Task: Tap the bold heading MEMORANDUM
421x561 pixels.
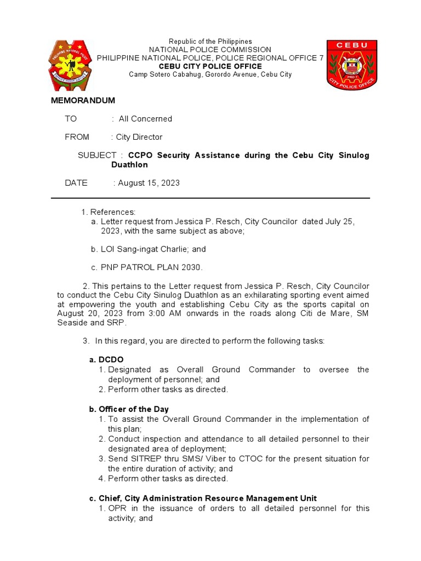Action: pyautogui.click(x=83, y=101)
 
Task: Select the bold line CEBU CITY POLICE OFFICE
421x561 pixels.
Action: pyautogui.click(x=210, y=66)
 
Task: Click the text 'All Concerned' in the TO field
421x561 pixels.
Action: pyautogui.click(x=145, y=119)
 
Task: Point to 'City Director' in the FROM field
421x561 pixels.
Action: pyautogui.click(x=139, y=137)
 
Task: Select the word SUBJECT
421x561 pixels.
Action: pyautogui.click(x=97, y=156)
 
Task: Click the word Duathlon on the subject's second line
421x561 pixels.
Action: pyautogui.click(x=129, y=164)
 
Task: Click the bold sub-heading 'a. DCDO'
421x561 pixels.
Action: pyautogui.click(x=103, y=359)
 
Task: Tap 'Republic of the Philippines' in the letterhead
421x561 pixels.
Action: pyautogui.click(x=210, y=42)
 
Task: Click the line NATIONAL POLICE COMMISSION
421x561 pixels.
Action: pyautogui.click(x=210, y=50)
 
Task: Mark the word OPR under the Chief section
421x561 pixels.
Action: pyautogui.click(x=118, y=508)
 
